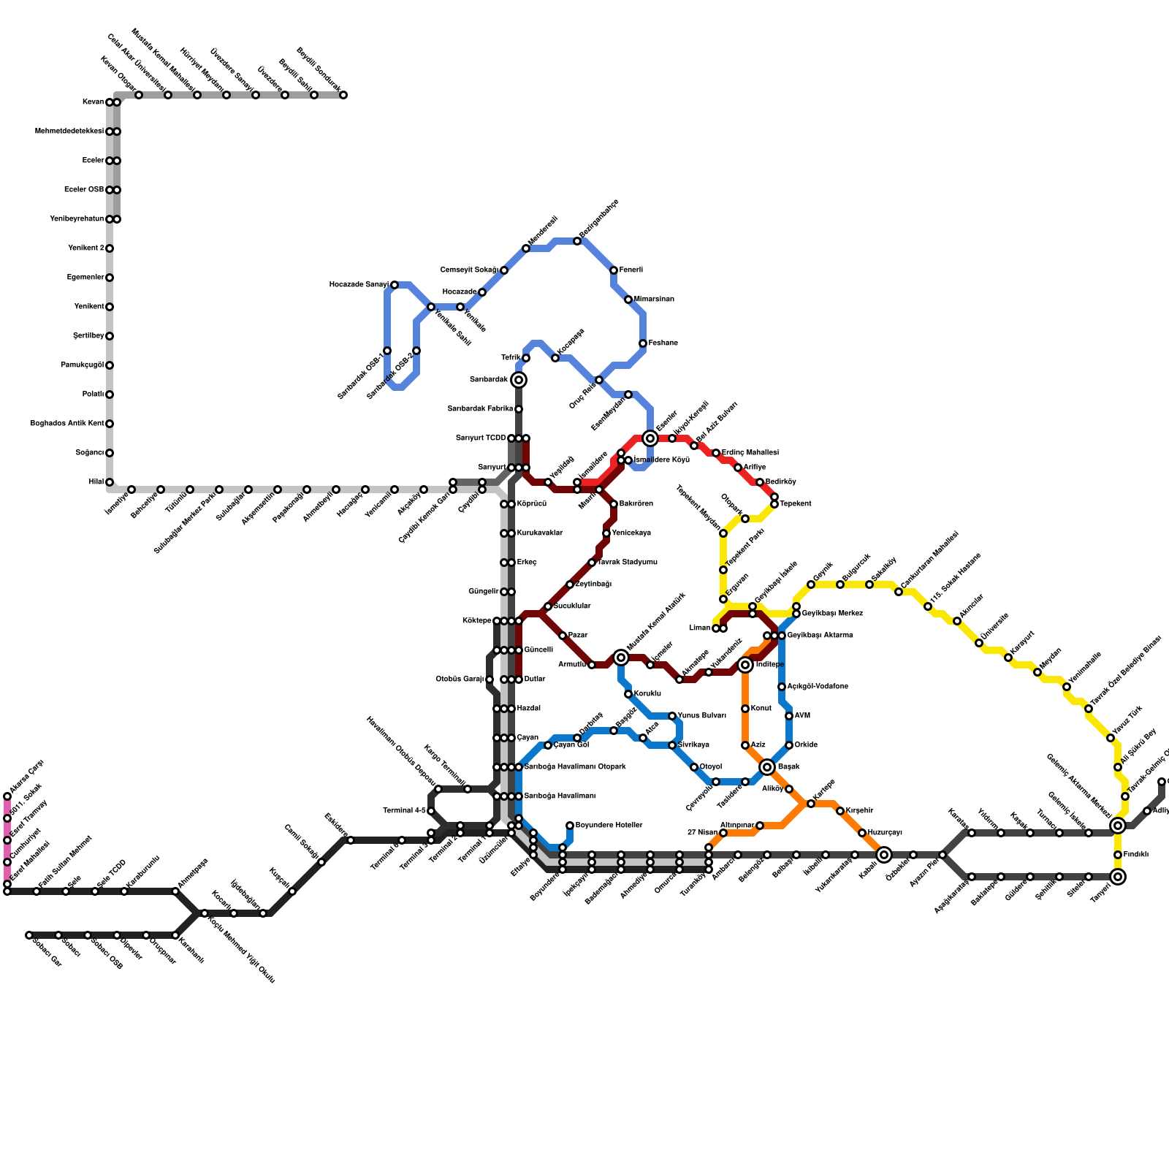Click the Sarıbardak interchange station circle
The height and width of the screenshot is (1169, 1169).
pyautogui.click(x=519, y=380)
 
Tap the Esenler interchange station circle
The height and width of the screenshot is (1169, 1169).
pyautogui.click(x=650, y=438)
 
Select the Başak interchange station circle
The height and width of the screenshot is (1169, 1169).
pyautogui.click(x=767, y=767)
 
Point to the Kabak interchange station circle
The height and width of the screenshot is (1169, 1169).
pyautogui.click(x=884, y=855)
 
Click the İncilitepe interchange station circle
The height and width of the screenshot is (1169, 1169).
pyautogui.click(x=745, y=665)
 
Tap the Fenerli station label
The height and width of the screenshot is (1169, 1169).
pyautogui.click(x=631, y=270)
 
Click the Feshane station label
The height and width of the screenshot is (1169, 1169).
pyautogui.click(x=663, y=343)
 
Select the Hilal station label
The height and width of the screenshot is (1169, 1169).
pyautogui.click(x=96, y=482)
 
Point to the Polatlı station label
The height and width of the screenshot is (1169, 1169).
pyautogui.click(x=93, y=395)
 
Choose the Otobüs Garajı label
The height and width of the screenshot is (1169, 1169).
pyautogui.click(x=460, y=679)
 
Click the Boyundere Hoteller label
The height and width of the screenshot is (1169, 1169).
pyautogui.click(x=609, y=826)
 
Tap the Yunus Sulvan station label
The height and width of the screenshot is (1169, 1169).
pyautogui.click(x=702, y=716)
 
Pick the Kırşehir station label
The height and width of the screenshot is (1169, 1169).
pyautogui.click(x=860, y=811)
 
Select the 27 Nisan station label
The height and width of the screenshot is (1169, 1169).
pyautogui.click(x=702, y=833)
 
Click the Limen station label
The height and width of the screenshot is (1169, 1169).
pyautogui.click(x=699, y=628)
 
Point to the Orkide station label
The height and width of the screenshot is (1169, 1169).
pyautogui.click(x=806, y=745)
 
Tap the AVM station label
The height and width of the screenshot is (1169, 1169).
pyautogui.click(x=802, y=716)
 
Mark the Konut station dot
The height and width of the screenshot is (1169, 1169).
pyautogui.click(x=745, y=709)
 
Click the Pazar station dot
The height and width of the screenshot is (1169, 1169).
pyautogui.click(x=563, y=636)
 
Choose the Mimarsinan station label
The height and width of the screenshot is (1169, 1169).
pyautogui.click(x=654, y=300)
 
